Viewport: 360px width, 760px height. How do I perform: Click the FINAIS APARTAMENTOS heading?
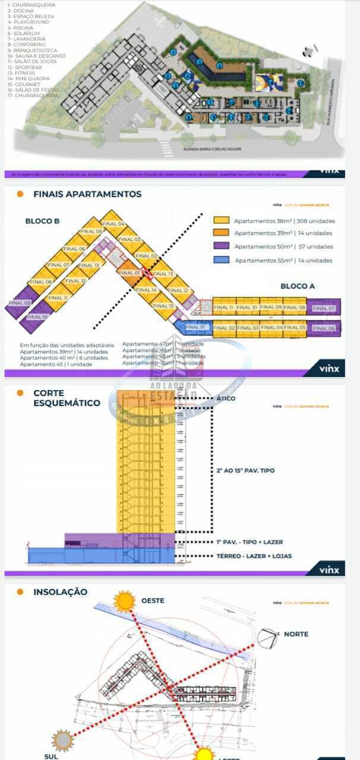click(x=87, y=194)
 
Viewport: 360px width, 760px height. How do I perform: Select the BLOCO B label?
click(x=42, y=221)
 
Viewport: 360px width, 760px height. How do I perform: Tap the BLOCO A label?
click(x=298, y=286)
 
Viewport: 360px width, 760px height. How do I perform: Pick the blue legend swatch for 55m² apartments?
click(x=221, y=260)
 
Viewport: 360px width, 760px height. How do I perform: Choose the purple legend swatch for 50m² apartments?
click(x=221, y=246)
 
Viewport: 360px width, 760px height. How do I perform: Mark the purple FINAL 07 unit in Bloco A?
click(x=324, y=308)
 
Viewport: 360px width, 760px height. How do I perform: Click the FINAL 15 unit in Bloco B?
click(x=163, y=306)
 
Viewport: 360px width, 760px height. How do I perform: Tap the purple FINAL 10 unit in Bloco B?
click(x=37, y=317)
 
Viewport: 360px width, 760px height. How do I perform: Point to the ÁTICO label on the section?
click(x=226, y=398)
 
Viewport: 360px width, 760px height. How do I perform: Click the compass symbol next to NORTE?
click(x=267, y=636)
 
